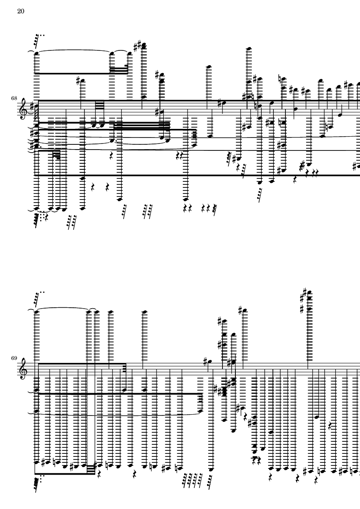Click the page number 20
click(x=20, y=11)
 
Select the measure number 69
click(x=15, y=358)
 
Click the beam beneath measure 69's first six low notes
click(x=65, y=474)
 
